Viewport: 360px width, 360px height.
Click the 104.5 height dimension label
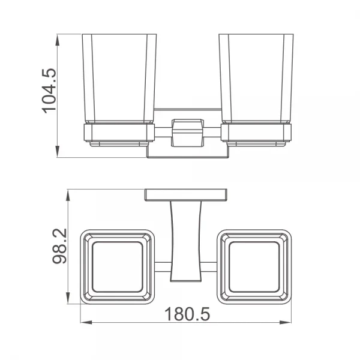click(49, 91)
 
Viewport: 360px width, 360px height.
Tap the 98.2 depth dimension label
click(59, 246)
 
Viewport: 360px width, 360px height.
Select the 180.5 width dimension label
click(187, 314)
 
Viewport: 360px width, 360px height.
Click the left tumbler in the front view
click(119, 78)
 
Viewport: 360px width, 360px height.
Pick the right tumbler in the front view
click(256, 78)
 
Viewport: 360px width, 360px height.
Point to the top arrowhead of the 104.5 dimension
click(58, 41)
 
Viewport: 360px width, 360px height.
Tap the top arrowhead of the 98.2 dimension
click(68, 196)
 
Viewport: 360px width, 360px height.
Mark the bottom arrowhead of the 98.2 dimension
click(68, 298)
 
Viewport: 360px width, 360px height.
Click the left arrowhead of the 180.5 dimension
click(87, 323)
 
